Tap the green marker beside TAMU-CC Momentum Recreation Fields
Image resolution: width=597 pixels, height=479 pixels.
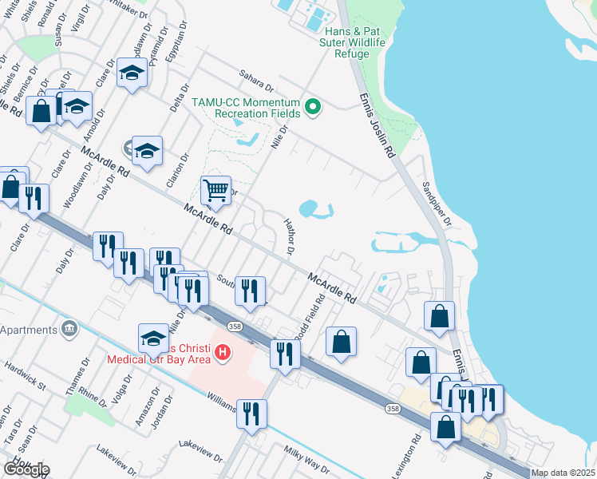pyautogui.click(x=314, y=106)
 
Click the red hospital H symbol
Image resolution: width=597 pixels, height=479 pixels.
pyautogui.click(x=223, y=351)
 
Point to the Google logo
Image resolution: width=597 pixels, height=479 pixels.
pyautogui.click(x=26, y=469)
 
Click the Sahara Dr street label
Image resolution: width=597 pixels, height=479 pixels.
pyautogui.click(x=256, y=82)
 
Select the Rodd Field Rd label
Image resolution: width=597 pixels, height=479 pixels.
pyautogui.click(x=310, y=318)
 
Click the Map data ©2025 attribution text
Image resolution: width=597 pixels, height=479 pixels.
pyautogui.click(x=563, y=473)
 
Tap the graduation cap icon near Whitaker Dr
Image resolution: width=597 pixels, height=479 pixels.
pyautogui.click(x=132, y=73)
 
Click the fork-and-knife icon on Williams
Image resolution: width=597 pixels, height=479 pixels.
pyautogui.click(x=252, y=414)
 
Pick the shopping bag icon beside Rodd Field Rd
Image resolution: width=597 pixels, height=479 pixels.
pyautogui.click(x=341, y=342)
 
